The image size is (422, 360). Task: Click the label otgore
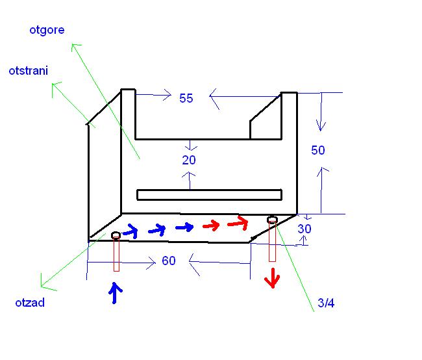click(x=47, y=30)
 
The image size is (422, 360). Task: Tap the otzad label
click(x=30, y=302)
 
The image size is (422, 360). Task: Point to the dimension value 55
click(x=186, y=98)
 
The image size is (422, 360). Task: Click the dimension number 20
click(x=189, y=160)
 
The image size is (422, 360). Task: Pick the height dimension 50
click(x=318, y=150)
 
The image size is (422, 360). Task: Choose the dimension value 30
click(x=304, y=229)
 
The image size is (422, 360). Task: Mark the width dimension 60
click(x=169, y=261)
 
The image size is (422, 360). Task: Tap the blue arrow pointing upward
click(x=115, y=293)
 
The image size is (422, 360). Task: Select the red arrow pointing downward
click(x=271, y=279)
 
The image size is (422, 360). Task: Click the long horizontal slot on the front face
click(x=209, y=194)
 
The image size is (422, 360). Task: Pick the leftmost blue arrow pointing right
click(x=131, y=230)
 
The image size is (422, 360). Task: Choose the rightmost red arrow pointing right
click(x=238, y=224)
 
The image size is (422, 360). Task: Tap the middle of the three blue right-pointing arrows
click(x=158, y=229)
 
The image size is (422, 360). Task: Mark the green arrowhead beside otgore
click(x=76, y=47)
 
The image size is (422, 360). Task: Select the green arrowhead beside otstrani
click(x=57, y=86)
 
